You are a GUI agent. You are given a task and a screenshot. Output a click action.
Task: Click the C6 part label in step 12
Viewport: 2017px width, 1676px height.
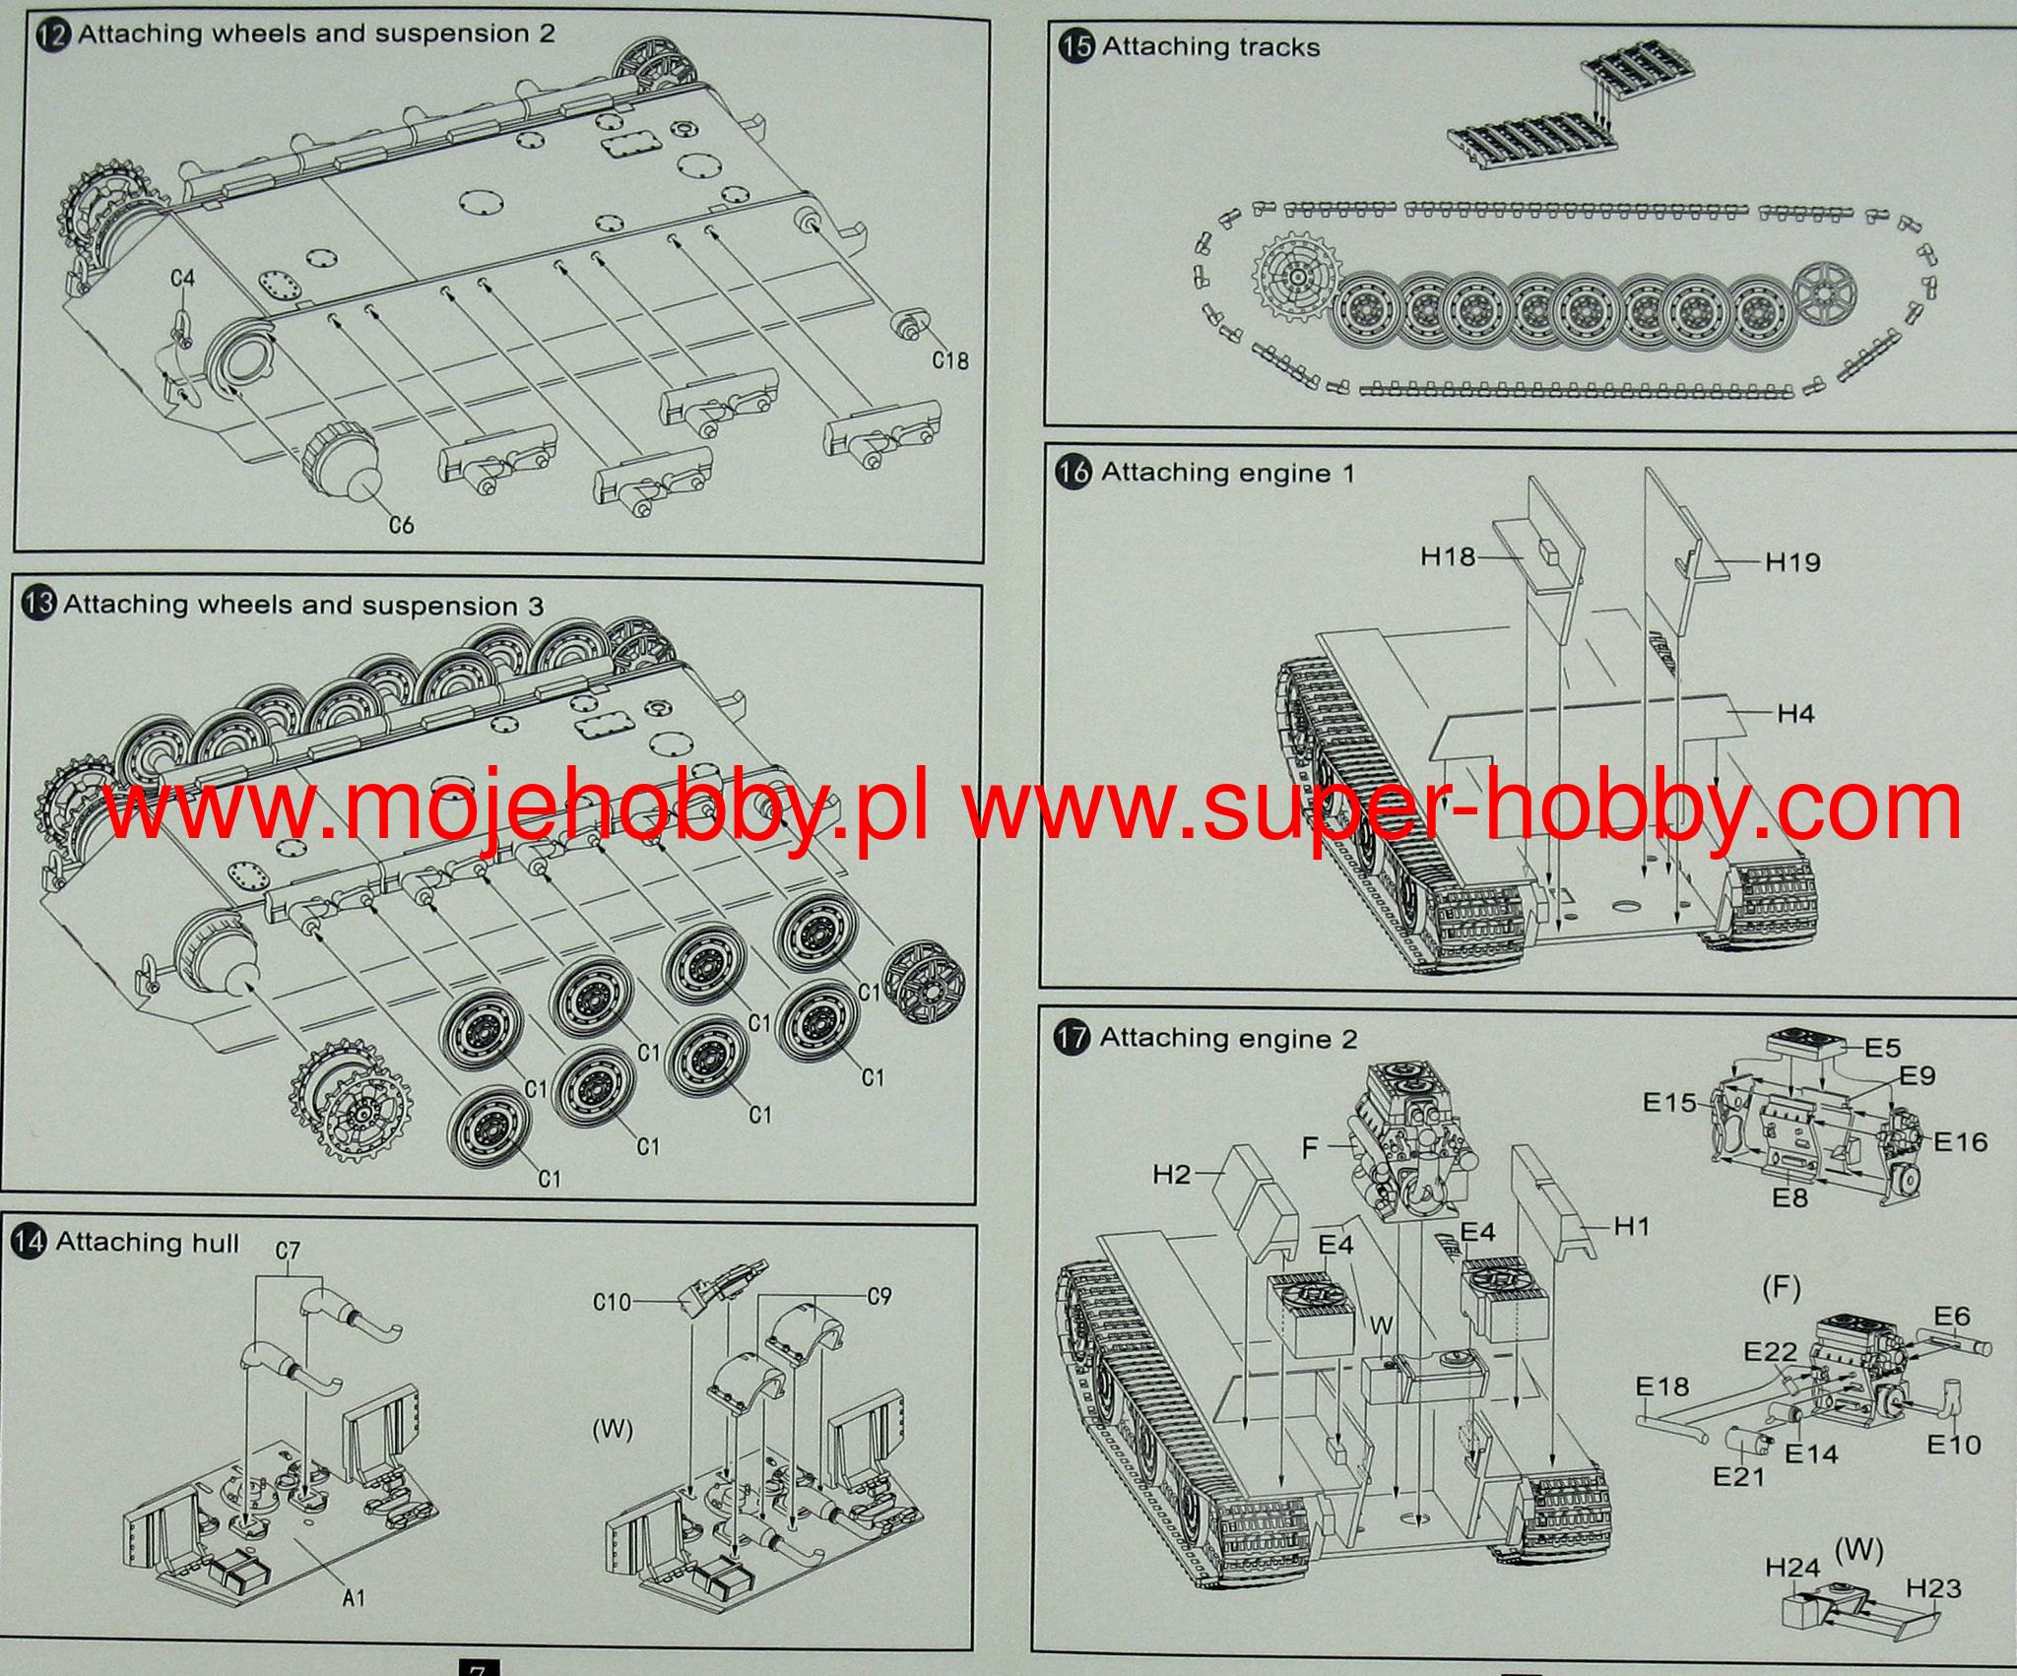coord(401,525)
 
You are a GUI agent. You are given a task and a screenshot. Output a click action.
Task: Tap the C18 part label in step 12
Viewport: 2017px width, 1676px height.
coord(950,360)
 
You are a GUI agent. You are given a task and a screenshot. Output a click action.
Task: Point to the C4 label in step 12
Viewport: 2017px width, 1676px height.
coord(182,279)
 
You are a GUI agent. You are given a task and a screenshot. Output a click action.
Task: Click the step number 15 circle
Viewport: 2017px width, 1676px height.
coord(1078,47)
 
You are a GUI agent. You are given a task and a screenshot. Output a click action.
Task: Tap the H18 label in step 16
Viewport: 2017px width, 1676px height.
coord(1448,557)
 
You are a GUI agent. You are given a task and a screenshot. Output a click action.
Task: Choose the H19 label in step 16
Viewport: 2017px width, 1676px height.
coord(1792,562)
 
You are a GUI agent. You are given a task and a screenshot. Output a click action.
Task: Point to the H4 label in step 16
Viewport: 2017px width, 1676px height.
coord(1795,713)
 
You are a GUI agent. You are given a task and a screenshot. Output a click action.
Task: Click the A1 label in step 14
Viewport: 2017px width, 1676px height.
coord(354,1598)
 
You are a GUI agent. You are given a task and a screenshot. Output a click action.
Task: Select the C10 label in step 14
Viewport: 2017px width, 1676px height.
coord(612,1303)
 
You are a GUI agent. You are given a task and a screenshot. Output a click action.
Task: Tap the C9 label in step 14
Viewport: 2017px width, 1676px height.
coord(878,1296)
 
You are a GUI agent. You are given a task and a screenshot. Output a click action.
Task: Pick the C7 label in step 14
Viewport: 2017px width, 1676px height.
coord(288,1252)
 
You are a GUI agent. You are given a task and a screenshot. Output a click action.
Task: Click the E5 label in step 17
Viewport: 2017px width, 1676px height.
coord(1882,1047)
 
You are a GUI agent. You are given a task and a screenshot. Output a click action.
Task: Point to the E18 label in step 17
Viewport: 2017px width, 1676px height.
coord(1662,1387)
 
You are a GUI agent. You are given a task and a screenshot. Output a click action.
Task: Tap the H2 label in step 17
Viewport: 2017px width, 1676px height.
coord(1172,1174)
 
